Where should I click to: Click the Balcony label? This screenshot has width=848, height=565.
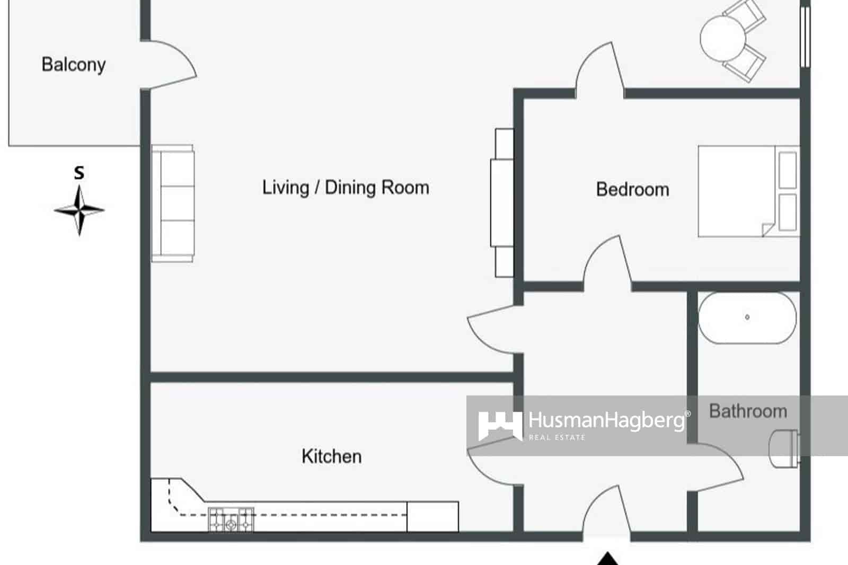(x=73, y=65)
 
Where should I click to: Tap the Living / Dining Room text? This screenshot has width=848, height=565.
(x=346, y=188)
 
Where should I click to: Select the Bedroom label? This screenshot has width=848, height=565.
(x=632, y=189)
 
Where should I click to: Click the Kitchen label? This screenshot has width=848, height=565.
(x=331, y=456)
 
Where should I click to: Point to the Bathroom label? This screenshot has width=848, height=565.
(x=748, y=411)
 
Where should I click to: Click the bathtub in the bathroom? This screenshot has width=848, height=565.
(x=747, y=317)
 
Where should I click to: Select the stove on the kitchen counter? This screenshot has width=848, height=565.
(x=231, y=519)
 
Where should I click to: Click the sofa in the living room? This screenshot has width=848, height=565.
(x=173, y=204)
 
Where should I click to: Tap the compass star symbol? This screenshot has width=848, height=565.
(x=79, y=210)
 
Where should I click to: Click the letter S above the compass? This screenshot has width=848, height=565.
(x=79, y=173)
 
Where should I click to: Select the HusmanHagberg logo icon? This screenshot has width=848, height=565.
(x=499, y=425)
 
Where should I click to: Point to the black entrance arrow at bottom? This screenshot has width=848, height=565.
(x=608, y=559)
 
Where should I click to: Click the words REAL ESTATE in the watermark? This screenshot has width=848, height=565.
(x=556, y=438)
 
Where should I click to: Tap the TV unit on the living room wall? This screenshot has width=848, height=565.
(x=502, y=202)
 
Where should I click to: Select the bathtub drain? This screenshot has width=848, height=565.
(x=747, y=317)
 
